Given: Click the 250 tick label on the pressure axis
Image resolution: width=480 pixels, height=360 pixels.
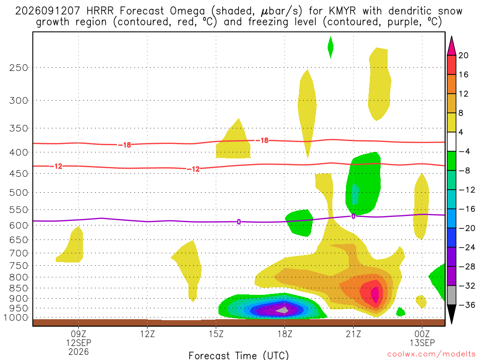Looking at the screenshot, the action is click(19, 67).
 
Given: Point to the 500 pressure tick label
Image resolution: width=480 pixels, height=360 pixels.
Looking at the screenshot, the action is click(19, 193).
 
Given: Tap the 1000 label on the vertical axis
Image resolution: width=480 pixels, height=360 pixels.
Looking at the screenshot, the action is click(16, 318).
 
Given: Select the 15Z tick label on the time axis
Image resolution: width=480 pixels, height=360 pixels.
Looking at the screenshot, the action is click(216, 334).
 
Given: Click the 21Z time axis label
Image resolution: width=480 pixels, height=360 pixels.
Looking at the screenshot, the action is click(353, 334).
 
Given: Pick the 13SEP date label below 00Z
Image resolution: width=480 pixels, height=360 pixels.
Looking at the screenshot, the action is click(422, 343).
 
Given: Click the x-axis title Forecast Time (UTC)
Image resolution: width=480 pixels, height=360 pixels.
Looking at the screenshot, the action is click(239, 355).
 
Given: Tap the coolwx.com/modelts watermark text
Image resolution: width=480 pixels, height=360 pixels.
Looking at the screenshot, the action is click(432, 354).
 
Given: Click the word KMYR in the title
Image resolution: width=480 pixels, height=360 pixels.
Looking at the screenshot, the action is click(342, 11).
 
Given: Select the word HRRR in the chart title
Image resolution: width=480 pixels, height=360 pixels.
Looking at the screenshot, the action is click(100, 11).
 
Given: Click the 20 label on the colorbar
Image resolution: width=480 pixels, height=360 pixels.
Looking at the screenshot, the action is click(463, 55).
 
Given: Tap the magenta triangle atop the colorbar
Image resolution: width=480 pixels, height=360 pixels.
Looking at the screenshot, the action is click(451, 46).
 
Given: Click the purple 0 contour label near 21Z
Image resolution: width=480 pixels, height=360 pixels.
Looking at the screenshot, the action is click(353, 216).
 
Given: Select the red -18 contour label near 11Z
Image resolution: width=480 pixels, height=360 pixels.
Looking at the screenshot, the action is click(125, 145).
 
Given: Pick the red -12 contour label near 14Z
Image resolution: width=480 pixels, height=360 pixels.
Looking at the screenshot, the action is click(193, 169).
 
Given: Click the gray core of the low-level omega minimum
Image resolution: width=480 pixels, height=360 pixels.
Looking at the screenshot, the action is click(283, 310).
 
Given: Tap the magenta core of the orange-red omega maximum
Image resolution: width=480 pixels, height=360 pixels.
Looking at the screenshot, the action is click(375, 294).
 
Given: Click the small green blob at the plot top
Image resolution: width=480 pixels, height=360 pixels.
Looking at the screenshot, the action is click(330, 47).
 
